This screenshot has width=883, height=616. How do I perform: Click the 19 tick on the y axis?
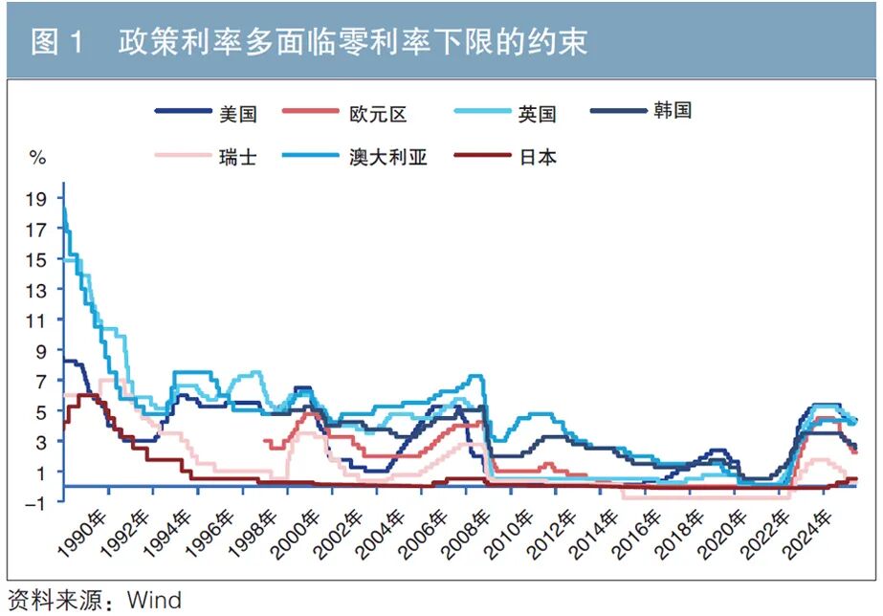pyautogui.click(x=37, y=199)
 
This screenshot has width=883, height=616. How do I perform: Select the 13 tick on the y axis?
pyautogui.click(x=37, y=290)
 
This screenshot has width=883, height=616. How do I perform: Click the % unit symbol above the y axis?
pyautogui.click(x=37, y=156)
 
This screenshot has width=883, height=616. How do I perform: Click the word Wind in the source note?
pyautogui.click(x=154, y=601)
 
